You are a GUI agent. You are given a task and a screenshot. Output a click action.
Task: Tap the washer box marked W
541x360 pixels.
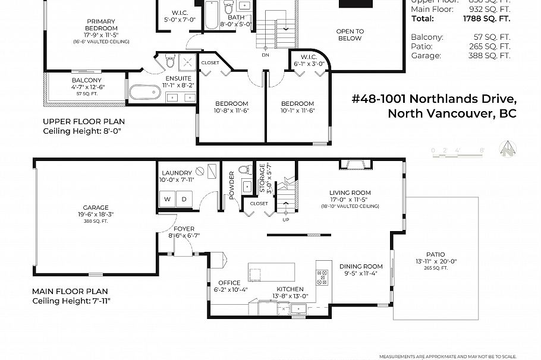(x=167, y=199)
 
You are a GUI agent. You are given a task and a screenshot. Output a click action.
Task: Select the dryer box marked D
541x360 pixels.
(x=184, y=199)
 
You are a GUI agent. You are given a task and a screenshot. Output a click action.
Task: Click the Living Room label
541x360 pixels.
(x=350, y=192)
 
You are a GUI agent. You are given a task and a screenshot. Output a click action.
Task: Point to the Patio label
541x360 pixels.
(x=435, y=254)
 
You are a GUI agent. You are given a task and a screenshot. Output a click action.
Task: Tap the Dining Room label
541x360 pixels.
(x=361, y=266)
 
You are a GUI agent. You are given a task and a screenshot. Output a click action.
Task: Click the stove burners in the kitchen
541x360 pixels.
(x=323, y=277)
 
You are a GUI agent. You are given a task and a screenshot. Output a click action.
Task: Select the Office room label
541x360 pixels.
(x=229, y=283)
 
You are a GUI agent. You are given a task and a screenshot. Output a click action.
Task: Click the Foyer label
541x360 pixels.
(x=183, y=229)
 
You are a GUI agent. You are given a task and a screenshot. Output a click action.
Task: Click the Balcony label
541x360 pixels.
(x=87, y=80)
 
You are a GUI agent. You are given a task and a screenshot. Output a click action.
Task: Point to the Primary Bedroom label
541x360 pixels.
(x=101, y=25)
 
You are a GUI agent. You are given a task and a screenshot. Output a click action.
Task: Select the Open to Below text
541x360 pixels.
(x=350, y=35)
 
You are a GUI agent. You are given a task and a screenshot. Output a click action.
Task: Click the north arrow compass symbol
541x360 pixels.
(x=507, y=147)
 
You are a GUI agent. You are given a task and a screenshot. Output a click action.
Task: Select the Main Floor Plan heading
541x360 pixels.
(x=70, y=292)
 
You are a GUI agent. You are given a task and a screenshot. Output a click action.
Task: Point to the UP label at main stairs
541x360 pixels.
(x=285, y=219)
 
